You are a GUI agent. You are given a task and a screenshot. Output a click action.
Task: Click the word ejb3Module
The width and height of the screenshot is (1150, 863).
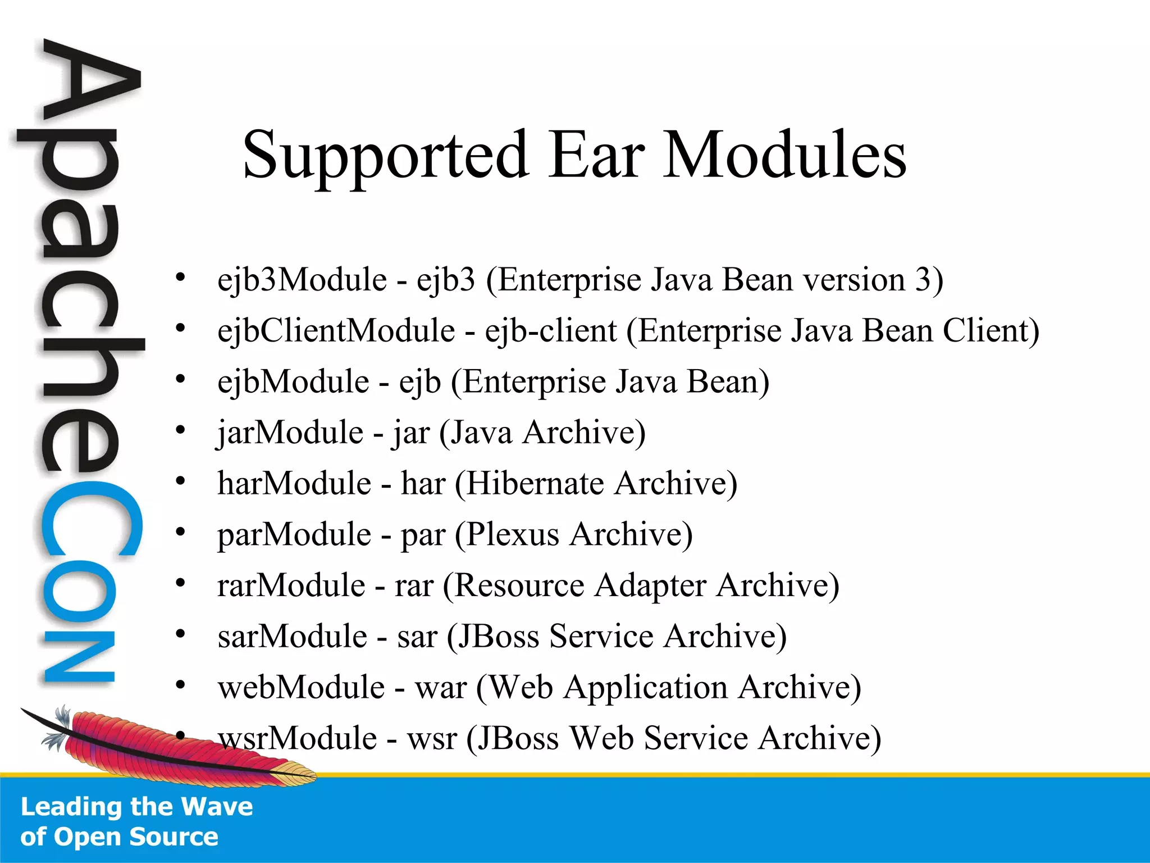pos(302,280)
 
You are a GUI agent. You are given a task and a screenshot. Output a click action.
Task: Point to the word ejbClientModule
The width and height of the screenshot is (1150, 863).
pos(336,330)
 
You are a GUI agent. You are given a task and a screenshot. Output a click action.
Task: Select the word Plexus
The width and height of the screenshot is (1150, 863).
pos(512,534)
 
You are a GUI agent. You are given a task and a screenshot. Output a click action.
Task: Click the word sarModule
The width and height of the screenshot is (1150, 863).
pos(293,637)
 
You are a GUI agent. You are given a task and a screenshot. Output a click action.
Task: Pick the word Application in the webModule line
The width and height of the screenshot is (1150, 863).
pos(645,688)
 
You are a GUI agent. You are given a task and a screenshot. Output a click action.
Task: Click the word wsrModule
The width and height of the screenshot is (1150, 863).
pos(298,738)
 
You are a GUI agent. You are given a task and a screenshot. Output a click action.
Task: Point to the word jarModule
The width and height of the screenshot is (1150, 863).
pos(290,433)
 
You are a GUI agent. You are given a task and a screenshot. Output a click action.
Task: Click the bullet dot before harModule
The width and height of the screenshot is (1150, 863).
pos(180,481)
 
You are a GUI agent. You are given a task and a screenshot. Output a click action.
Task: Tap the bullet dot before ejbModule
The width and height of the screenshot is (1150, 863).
pos(180,379)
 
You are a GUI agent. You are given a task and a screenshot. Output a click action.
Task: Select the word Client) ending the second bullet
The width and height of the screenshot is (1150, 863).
pos(991,330)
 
